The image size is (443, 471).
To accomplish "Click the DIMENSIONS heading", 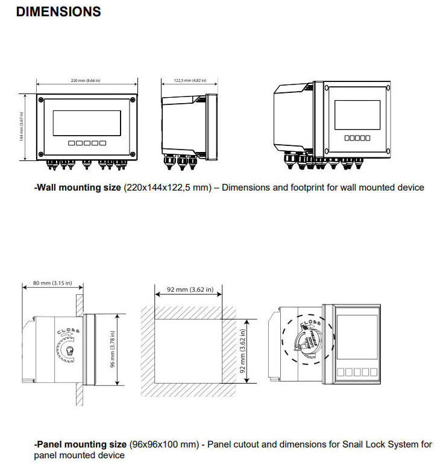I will (x=58, y=12).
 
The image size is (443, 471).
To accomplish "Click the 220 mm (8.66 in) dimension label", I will (x=87, y=81).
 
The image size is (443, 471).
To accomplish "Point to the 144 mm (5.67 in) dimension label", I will (x=22, y=127).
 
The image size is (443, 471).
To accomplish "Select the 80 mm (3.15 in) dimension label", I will (x=52, y=283).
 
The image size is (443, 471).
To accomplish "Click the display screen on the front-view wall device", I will (x=87, y=122).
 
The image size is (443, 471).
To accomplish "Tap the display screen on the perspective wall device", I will (x=357, y=115).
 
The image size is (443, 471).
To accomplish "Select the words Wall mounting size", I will (x=78, y=188).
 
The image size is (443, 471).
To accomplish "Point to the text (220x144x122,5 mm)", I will (x=168, y=188).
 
